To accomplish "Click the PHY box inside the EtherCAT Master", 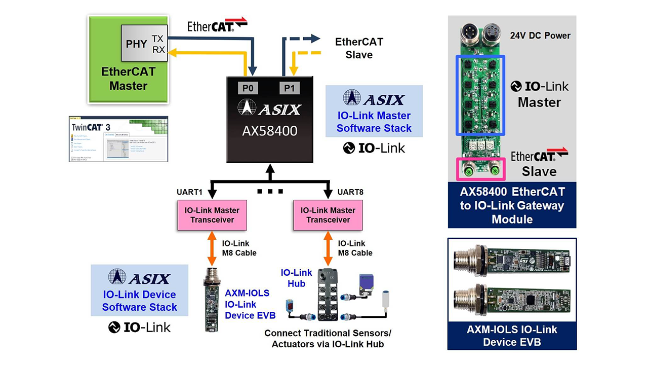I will (x=136, y=44).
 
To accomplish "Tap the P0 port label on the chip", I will (x=248, y=88).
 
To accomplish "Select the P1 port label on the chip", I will (x=289, y=88).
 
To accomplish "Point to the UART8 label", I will (x=350, y=193).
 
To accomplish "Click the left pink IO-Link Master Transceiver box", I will (x=212, y=215).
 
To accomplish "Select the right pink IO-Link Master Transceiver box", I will (x=328, y=215).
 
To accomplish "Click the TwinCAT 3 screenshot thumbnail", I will (x=118, y=139).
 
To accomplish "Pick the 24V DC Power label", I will (x=540, y=35).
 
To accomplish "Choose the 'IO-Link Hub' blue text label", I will (x=297, y=278).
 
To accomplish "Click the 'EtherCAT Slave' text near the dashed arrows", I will (x=359, y=48).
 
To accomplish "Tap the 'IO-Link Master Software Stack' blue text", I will (x=374, y=122).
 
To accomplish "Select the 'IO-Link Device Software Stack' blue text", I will (x=139, y=301).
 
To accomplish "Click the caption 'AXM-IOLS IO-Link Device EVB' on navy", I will (x=512, y=336).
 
